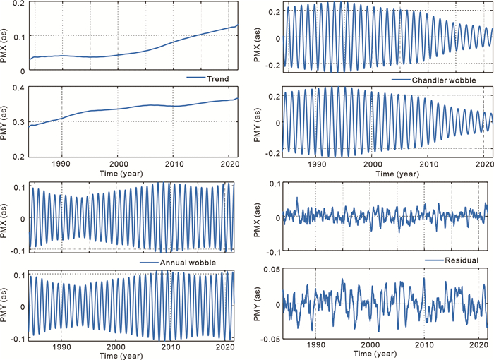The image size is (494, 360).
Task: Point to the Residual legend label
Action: (x=462, y=261)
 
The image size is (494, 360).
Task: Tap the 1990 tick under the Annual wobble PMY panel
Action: (x=61, y=347)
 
